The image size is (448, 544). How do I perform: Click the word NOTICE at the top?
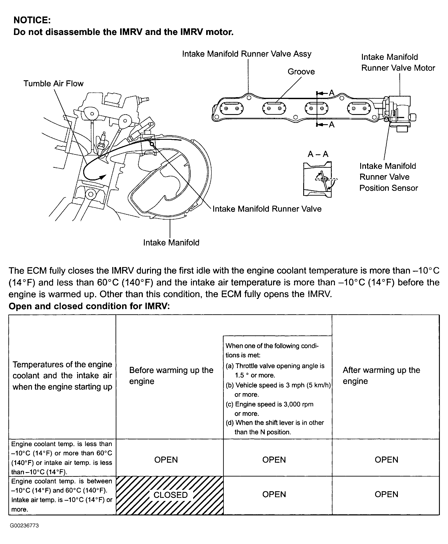(x=32, y=20)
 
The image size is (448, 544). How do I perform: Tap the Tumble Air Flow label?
(x=53, y=84)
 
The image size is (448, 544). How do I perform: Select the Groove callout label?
(x=301, y=71)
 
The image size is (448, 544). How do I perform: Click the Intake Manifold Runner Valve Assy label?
(x=247, y=54)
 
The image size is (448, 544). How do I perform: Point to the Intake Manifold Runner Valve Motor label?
(x=398, y=62)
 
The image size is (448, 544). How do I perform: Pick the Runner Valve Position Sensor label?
(x=388, y=177)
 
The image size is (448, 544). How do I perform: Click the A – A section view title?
(x=318, y=154)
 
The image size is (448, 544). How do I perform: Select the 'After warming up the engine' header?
(x=381, y=375)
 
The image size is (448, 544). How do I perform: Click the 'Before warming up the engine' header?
(x=171, y=375)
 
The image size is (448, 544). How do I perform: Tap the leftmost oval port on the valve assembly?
(x=231, y=108)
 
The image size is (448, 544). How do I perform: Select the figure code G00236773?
(x=24, y=526)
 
